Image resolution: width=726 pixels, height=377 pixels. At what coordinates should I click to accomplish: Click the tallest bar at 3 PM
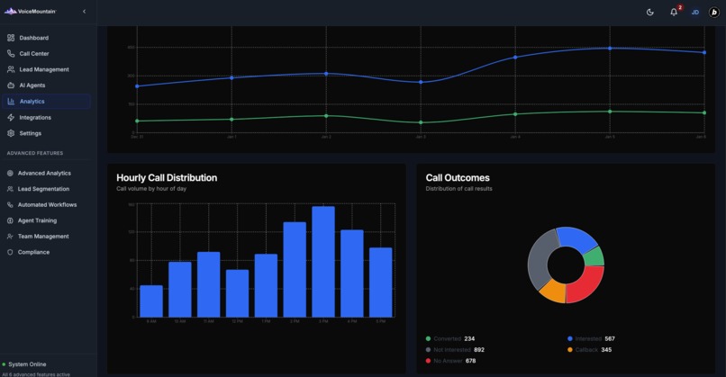(322, 262)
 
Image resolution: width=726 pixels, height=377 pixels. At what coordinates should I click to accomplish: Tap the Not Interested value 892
(479, 350)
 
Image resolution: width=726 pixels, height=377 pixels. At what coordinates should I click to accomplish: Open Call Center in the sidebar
(34, 54)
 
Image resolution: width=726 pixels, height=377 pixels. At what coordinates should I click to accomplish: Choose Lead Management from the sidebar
(44, 69)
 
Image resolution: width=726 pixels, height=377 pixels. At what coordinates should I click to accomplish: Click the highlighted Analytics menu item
(32, 102)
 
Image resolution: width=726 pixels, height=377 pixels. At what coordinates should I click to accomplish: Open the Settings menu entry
(31, 133)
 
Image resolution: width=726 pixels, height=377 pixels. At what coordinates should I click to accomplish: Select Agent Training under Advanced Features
(37, 220)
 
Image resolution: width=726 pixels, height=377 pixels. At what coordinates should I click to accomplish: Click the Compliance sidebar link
(33, 252)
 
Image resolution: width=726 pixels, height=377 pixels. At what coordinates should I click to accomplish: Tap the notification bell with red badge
(674, 12)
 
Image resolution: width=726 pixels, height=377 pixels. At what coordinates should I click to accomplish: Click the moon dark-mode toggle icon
(650, 12)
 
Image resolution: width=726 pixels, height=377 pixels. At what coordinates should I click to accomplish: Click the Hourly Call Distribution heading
(167, 178)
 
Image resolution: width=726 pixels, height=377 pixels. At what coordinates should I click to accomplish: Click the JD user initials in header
(695, 12)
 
